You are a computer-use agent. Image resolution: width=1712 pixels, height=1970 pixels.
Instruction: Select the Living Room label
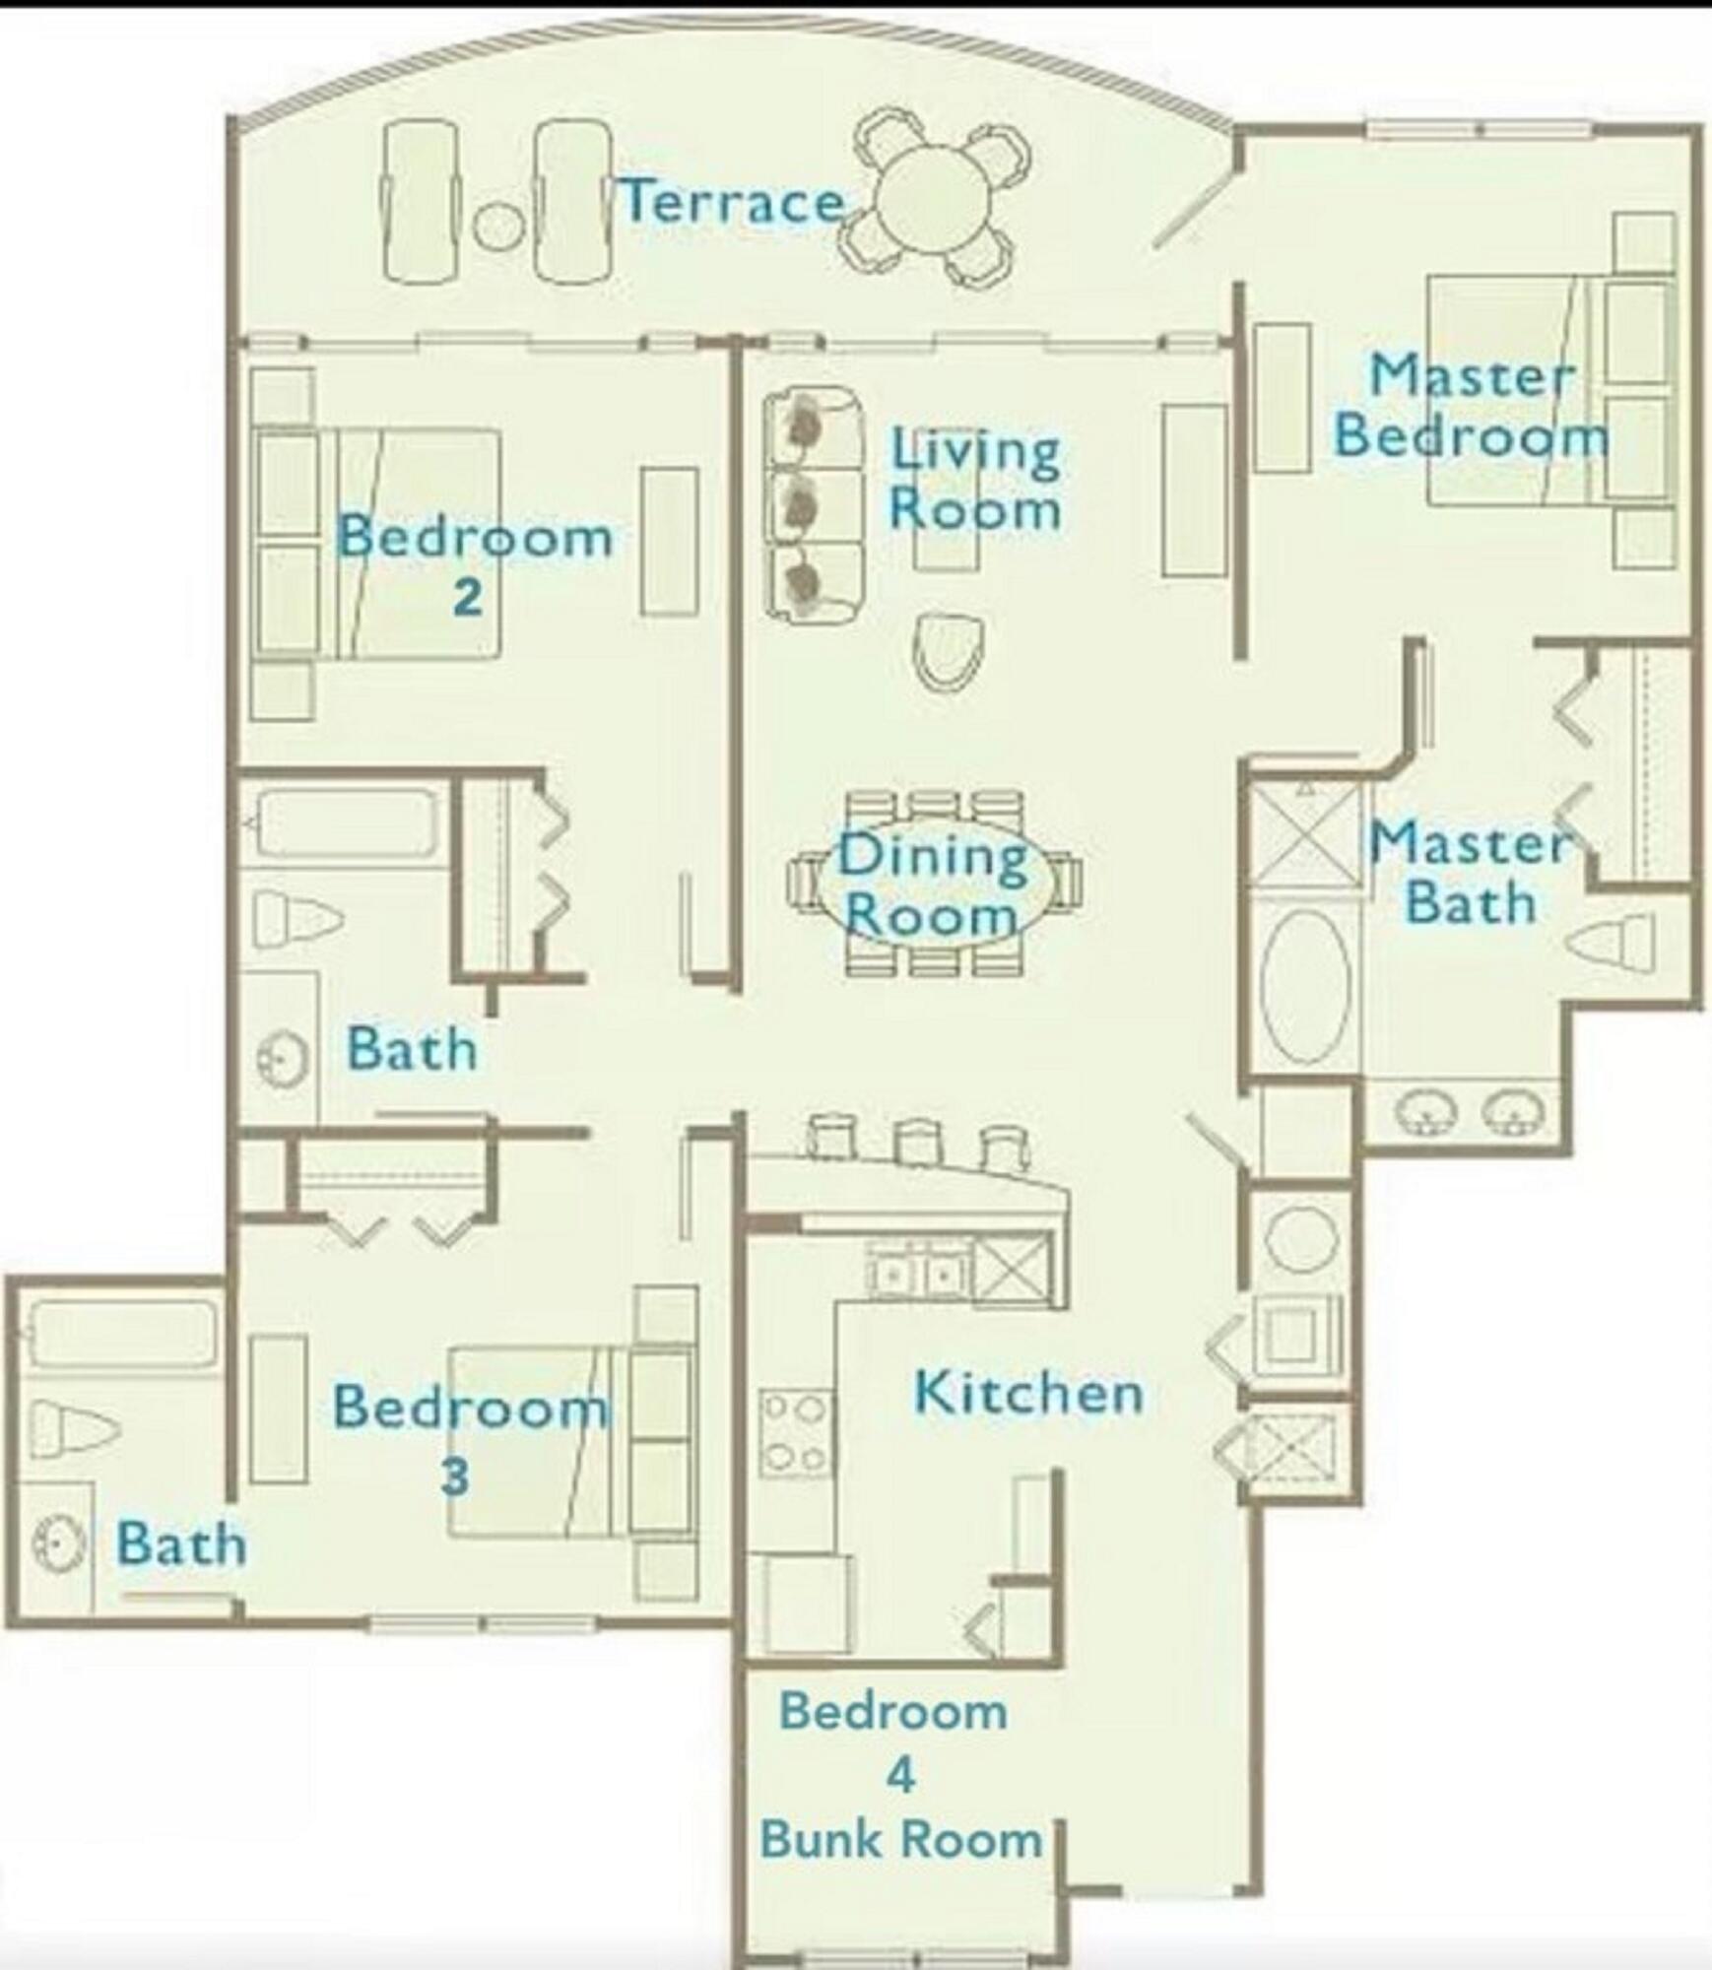pyautogui.click(x=975, y=480)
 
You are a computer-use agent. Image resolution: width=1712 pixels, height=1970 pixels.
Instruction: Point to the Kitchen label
pyautogui.click(x=1028, y=1393)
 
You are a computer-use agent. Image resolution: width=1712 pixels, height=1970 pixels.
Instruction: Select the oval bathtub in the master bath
pyautogui.click(x=1306, y=986)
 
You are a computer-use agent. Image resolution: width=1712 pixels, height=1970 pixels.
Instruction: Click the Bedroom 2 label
pyautogui.click(x=474, y=562)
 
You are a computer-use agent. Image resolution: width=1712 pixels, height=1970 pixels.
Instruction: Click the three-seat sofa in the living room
pyautogui.click(x=814, y=504)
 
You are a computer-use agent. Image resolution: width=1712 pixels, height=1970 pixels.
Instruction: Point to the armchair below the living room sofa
pyautogui.click(x=950, y=651)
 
